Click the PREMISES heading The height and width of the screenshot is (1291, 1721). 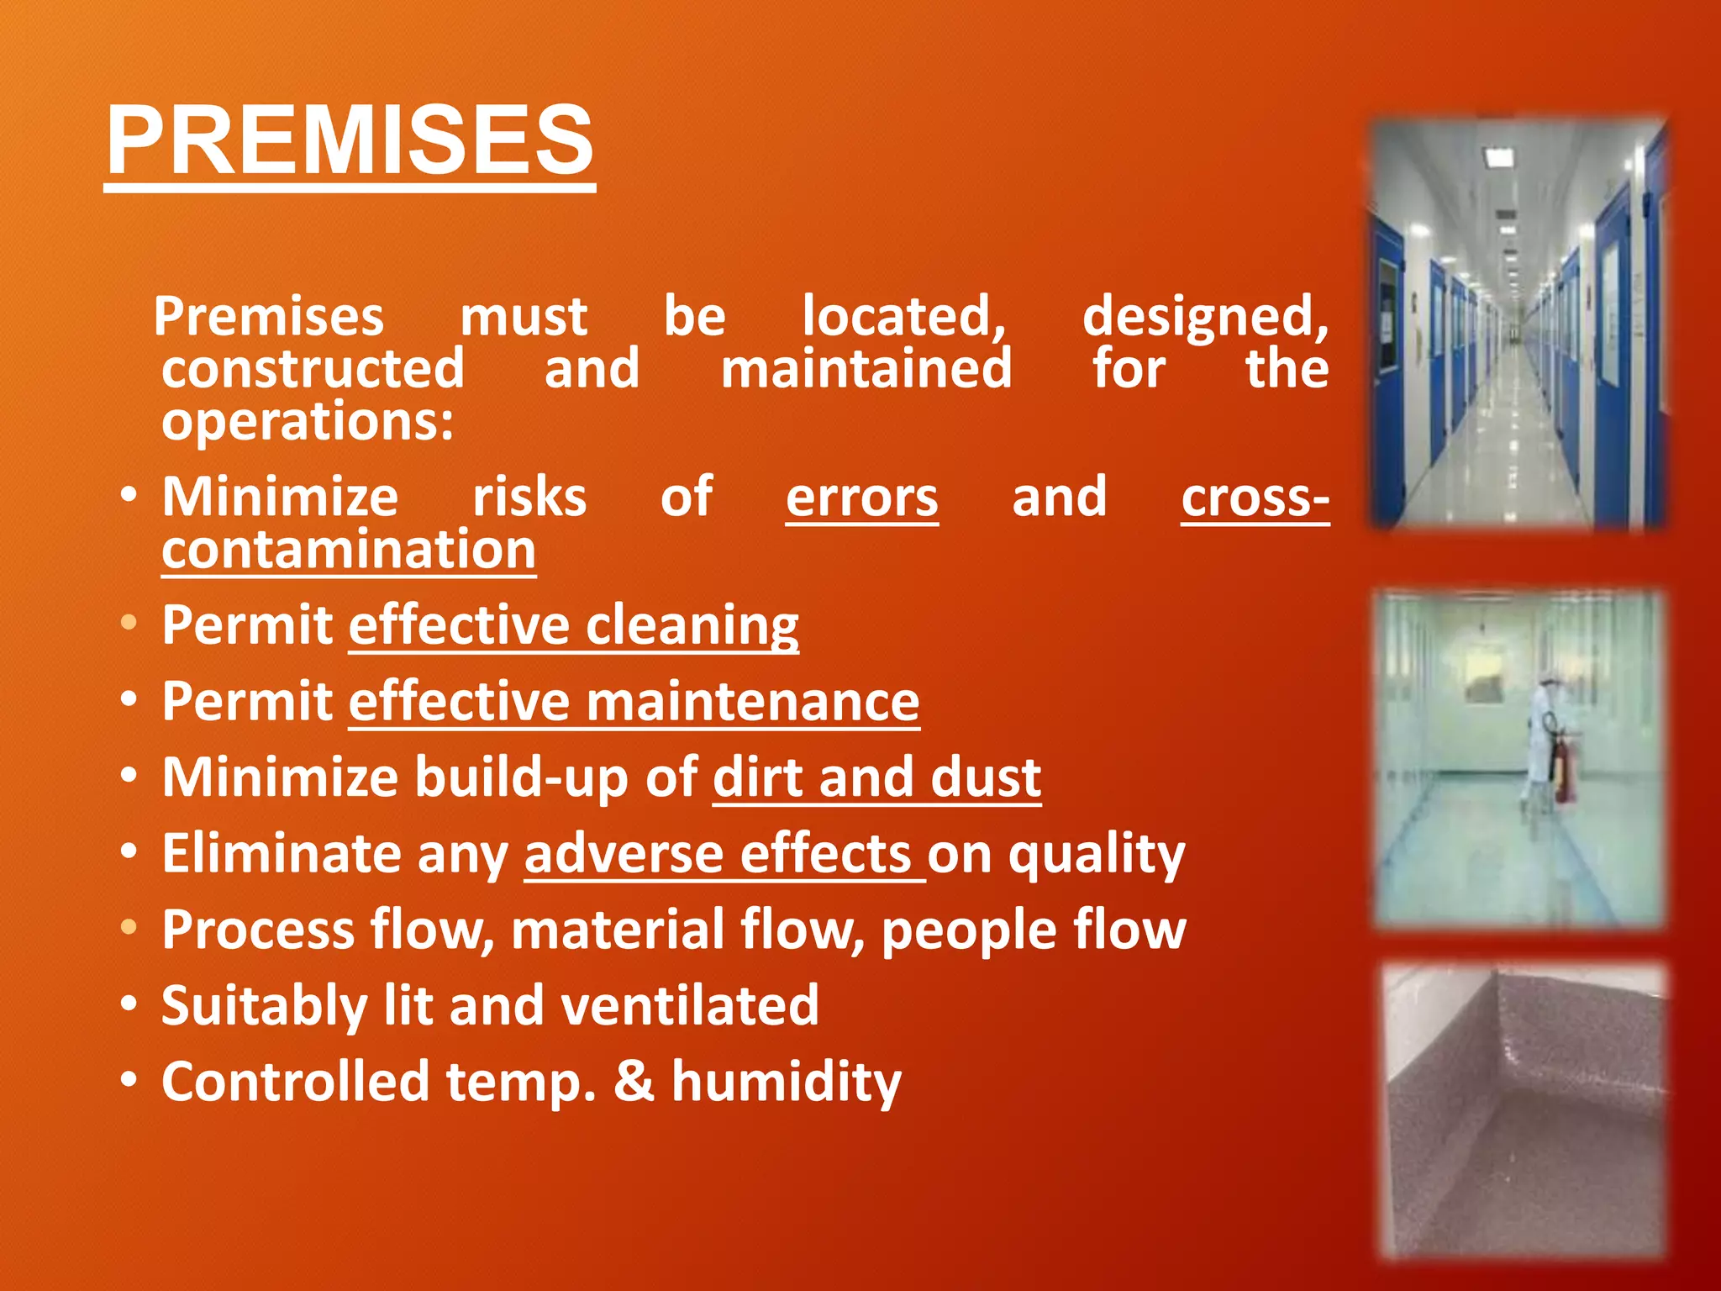(350, 140)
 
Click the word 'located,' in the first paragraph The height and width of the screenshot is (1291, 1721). (903, 318)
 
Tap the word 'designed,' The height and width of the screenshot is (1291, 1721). (1205, 318)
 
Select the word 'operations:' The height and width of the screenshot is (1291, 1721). (308, 421)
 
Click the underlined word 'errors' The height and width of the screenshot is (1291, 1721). (861, 498)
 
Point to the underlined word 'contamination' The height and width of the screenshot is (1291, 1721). (349, 551)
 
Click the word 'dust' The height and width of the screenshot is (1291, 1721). (986, 777)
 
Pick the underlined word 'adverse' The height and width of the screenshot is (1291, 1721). (623, 854)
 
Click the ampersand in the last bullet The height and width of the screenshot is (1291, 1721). (634, 1083)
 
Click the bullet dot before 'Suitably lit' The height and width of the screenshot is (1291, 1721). (129, 1004)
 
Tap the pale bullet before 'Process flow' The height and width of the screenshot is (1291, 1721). (129, 928)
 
